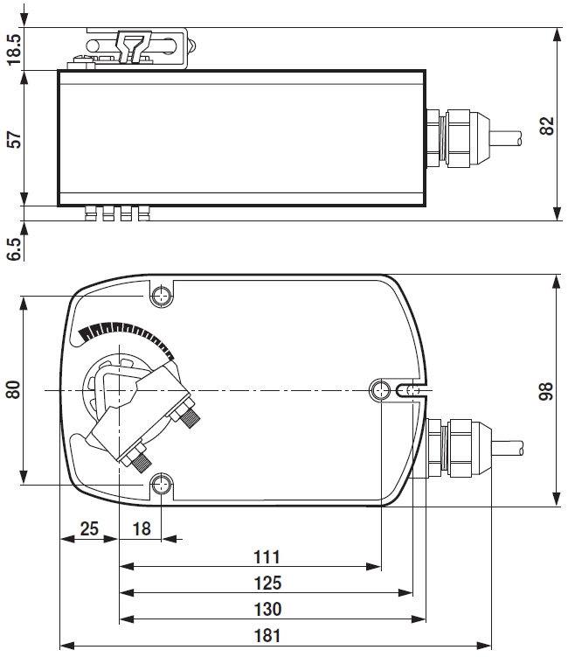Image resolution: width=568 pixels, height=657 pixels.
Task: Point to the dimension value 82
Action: click(547, 125)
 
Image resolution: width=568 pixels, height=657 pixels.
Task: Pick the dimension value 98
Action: click(547, 390)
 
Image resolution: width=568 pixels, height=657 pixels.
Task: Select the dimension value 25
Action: click(88, 528)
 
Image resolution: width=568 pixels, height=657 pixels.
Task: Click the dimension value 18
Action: click(140, 528)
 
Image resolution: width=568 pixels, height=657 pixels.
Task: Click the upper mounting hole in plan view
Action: click(162, 295)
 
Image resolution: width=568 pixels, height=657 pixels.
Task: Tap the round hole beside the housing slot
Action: click(382, 389)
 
